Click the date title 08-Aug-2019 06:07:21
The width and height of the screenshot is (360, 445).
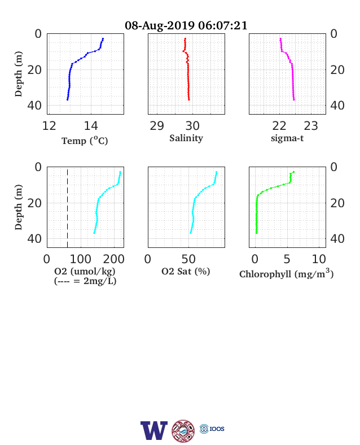[x=186, y=25]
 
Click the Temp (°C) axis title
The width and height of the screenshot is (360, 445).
[x=85, y=141]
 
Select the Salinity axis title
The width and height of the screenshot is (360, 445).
[x=186, y=138]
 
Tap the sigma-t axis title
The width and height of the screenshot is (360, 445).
[x=287, y=138]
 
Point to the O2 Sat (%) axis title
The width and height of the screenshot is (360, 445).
[x=186, y=271]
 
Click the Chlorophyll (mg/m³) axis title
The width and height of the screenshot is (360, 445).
[x=286, y=273]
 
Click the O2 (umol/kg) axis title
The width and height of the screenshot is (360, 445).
[x=85, y=271]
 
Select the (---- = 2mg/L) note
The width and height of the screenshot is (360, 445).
[x=85, y=281]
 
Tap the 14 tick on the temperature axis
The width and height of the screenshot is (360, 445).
[x=91, y=126]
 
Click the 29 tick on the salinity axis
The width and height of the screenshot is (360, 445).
[x=157, y=126]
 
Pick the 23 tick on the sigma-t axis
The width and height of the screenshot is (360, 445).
[x=311, y=126]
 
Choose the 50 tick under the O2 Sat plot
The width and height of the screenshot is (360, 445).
[x=188, y=259]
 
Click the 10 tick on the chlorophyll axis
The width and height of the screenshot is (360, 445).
[x=319, y=259]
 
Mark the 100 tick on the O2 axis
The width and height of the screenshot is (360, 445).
[x=81, y=259]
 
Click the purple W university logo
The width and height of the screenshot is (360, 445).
[x=154, y=430]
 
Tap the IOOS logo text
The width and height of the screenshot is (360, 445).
[x=217, y=429]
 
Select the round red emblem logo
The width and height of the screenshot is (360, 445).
[x=183, y=431]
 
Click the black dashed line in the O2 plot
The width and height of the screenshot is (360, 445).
[x=68, y=208]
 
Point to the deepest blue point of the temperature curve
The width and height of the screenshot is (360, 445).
[x=68, y=99]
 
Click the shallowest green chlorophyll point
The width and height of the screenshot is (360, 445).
[x=293, y=172]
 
